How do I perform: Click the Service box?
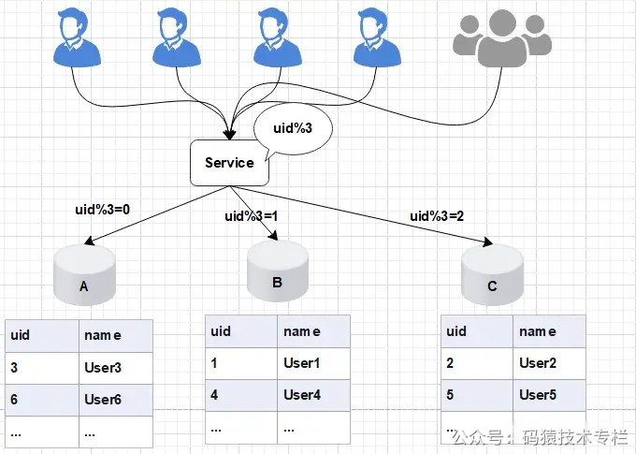tap(229, 163)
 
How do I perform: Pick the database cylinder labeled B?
tap(277, 271)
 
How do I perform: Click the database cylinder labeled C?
tap(492, 275)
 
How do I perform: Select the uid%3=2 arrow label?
tap(437, 216)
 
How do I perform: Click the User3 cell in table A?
tap(114, 368)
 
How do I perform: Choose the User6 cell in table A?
tap(114, 400)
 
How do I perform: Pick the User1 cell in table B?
tap(313, 363)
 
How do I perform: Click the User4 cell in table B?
tap(313, 395)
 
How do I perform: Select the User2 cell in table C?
tap(549, 363)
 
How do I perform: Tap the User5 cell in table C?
tap(549, 395)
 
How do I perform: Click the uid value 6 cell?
tap(41, 400)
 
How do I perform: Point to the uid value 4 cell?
tap(241, 395)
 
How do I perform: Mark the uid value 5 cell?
tap(477, 395)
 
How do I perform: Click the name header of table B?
tap(313, 331)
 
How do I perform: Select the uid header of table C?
tap(477, 331)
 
